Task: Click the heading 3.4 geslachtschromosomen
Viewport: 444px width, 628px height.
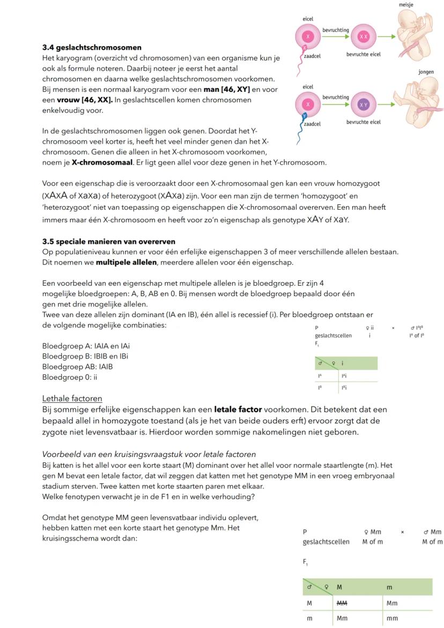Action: click(x=92, y=48)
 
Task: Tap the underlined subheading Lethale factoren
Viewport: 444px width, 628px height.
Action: click(x=72, y=398)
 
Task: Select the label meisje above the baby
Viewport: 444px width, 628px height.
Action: click(x=406, y=5)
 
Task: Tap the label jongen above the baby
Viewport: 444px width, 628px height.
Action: click(x=426, y=72)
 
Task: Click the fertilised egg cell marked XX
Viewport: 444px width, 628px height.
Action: click(x=364, y=36)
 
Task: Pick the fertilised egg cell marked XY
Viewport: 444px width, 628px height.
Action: click(x=364, y=105)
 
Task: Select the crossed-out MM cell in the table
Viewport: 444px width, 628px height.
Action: click(x=342, y=603)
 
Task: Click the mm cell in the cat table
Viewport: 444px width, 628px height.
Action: click(x=393, y=618)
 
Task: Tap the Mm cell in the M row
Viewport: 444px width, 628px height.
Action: click(x=393, y=603)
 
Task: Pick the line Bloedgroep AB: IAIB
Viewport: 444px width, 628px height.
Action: click(x=77, y=367)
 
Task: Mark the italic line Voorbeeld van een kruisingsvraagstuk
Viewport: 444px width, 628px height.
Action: click(x=149, y=454)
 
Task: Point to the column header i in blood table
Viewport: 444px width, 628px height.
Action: click(x=343, y=364)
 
